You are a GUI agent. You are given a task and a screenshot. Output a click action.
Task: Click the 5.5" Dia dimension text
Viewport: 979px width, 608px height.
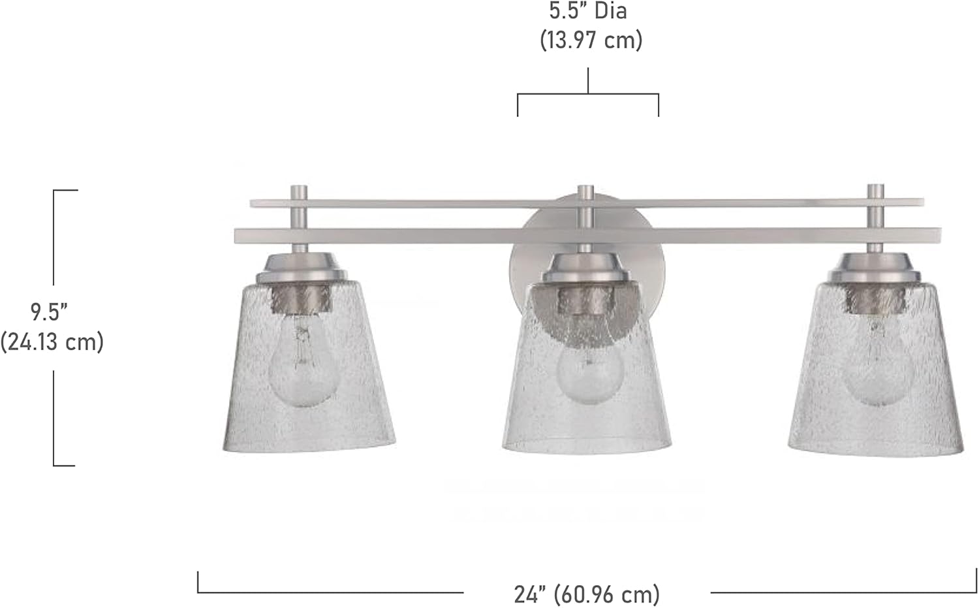tap(587, 11)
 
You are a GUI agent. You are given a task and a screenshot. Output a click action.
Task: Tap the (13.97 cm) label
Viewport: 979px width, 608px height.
tap(591, 40)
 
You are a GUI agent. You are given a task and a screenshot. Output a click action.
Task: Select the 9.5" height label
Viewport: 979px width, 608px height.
tap(50, 312)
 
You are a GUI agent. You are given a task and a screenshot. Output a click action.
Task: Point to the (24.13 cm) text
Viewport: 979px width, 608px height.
tap(52, 342)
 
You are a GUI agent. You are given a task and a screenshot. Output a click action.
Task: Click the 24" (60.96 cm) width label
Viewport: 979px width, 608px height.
tap(587, 594)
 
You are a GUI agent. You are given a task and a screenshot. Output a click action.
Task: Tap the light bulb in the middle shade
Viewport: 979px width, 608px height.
tap(589, 372)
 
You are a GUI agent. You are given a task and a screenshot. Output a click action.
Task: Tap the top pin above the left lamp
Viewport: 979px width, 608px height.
tap(299, 193)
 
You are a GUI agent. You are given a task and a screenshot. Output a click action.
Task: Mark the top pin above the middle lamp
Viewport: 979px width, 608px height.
tap(586, 193)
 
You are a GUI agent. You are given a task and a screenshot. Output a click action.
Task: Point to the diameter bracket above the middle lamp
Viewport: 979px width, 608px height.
tap(588, 95)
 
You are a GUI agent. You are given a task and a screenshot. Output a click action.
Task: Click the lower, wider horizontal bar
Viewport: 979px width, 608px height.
tap(424, 236)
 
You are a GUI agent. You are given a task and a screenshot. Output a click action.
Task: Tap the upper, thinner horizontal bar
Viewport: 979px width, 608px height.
tap(424, 204)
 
